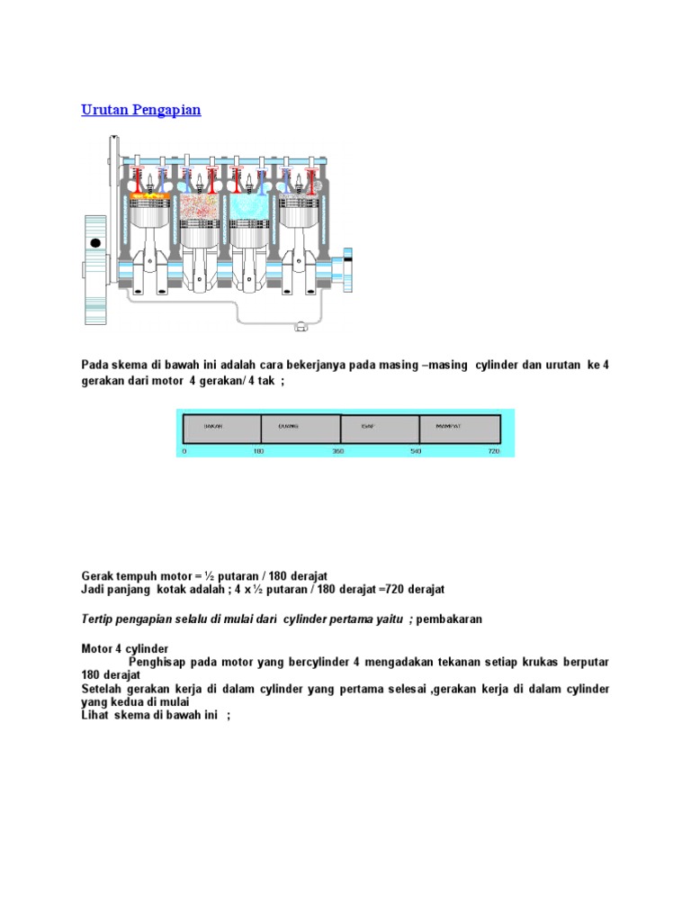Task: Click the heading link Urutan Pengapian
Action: click(x=141, y=110)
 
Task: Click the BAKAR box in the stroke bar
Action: click(x=221, y=428)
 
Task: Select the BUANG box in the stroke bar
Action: click(x=301, y=428)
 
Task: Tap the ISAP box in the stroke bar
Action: click(x=380, y=428)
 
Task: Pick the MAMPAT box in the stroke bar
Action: click(x=459, y=428)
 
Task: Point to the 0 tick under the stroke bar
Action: click(x=184, y=450)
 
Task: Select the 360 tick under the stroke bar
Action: click(x=338, y=450)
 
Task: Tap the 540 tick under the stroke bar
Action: click(x=416, y=450)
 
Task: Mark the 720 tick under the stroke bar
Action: click(x=493, y=450)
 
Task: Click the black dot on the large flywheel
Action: click(x=94, y=243)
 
